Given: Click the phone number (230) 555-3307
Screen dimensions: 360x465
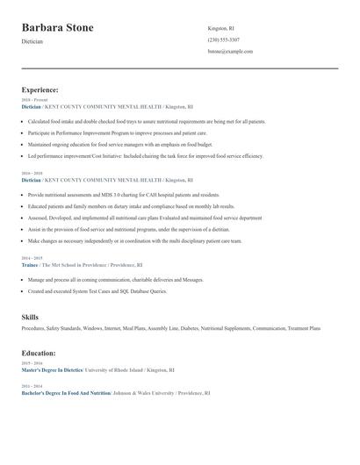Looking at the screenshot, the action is tap(223, 39).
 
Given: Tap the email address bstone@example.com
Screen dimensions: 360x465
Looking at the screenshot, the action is tap(230, 52).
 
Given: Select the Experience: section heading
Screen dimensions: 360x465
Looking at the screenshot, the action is tap(40, 89).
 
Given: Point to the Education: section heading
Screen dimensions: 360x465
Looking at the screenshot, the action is tap(39, 353).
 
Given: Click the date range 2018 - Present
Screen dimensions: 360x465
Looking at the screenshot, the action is tap(33, 100).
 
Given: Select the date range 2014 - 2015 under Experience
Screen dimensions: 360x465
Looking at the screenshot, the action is tap(32, 258).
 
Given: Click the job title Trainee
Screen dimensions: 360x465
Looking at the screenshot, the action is tap(30, 264).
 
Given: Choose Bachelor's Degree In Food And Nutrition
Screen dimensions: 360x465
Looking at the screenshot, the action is tap(66, 393).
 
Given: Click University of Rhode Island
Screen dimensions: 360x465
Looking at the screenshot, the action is tap(118, 369).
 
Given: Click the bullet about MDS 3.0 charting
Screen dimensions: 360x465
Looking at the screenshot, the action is tap(123, 195).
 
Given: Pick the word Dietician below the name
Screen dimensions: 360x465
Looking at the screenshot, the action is tap(32, 41).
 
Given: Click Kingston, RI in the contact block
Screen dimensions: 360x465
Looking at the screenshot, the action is tap(221, 28).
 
